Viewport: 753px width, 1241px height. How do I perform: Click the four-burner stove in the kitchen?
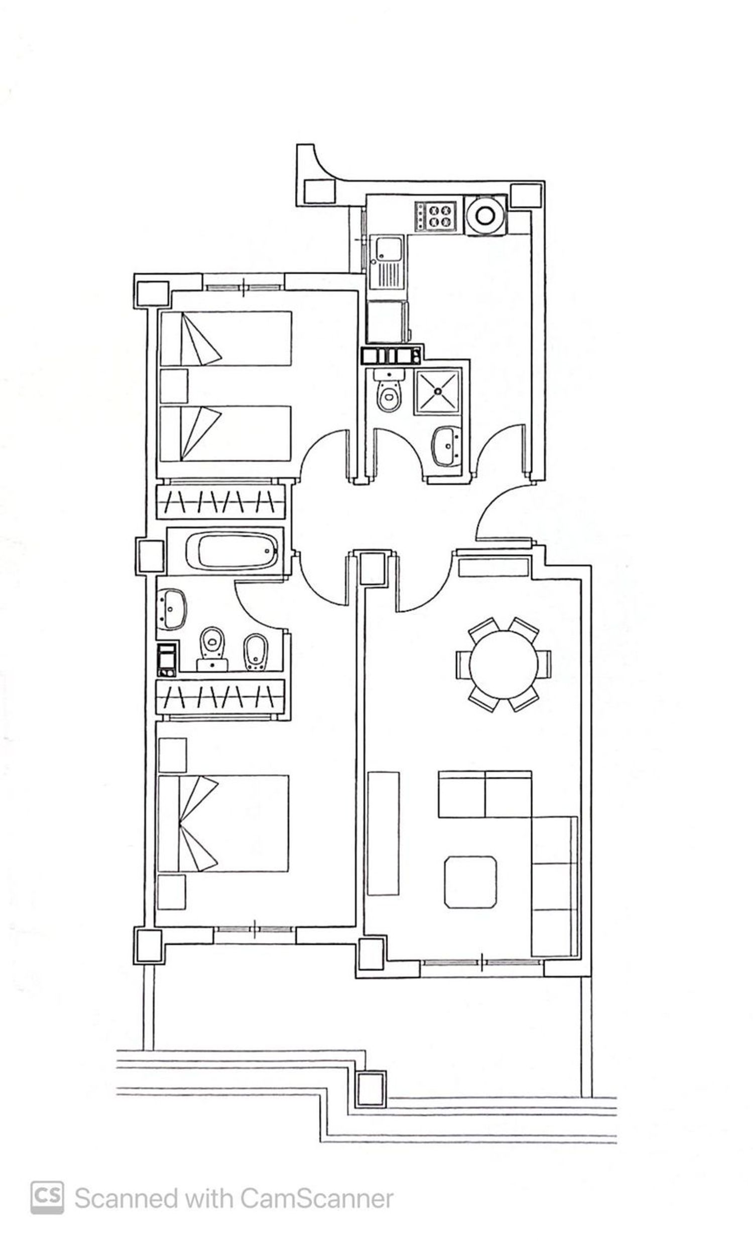click(435, 215)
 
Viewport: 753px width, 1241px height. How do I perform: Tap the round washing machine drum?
click(484, 215)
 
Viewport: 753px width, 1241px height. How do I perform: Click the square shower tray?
click(437, 391)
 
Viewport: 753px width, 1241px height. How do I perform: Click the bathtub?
click(231, 551)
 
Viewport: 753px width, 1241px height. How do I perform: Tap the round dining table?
click(503, 664)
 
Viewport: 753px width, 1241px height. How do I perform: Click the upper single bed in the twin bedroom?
click(225, 338)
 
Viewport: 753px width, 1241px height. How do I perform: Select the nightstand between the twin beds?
click(174, 386)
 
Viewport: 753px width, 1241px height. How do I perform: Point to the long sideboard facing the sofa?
click(383, 834)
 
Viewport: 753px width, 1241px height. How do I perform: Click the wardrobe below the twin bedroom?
click(220, 501)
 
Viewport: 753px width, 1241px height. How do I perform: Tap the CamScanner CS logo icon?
click(47, 1198)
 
